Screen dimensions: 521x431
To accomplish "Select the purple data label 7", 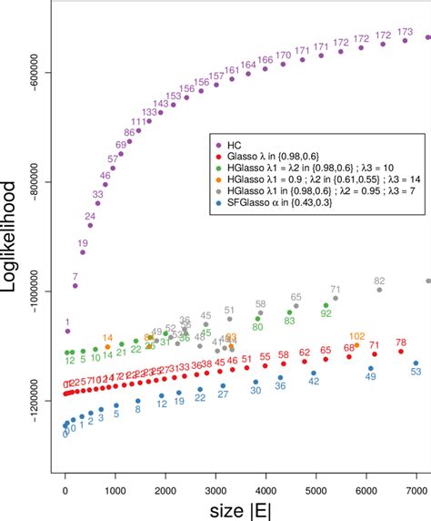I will point(75,275).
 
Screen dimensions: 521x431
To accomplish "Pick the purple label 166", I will point(265,60).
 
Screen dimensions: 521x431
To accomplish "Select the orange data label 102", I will point(356,336).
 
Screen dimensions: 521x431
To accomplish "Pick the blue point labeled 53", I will point(416,361).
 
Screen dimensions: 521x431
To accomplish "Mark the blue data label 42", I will point(314,382).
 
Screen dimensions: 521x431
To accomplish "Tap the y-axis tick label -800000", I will point(41,181).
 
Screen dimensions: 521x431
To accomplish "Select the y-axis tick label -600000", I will point(41,72).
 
